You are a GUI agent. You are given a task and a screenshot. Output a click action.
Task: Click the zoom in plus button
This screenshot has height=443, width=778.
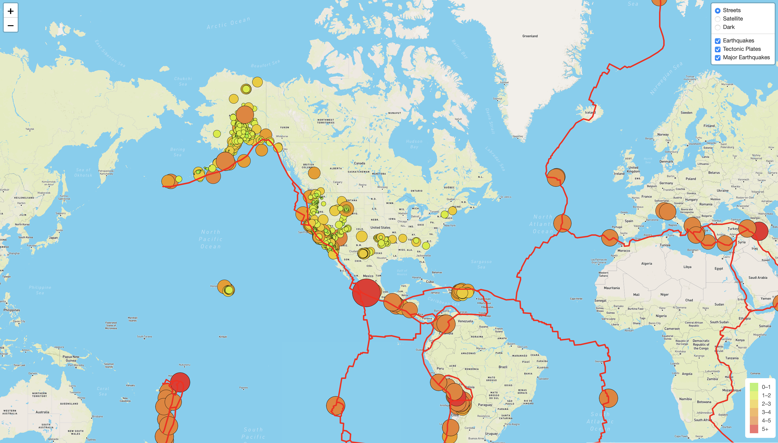pos(11,11)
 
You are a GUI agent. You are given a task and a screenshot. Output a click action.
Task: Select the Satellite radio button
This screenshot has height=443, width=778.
pos(717,19)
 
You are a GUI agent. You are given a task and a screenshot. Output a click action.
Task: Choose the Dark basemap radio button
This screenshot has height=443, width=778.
pos(717,27)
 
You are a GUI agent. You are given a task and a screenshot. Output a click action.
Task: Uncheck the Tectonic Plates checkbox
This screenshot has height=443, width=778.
pos(717,49)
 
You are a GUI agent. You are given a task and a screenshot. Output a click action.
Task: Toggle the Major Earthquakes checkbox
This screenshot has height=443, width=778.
pos(717,58)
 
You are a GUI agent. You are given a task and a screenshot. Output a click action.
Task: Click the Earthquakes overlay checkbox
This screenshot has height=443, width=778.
pos(717,41)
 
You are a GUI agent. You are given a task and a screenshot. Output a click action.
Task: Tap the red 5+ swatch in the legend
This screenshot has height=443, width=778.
pos(754,429)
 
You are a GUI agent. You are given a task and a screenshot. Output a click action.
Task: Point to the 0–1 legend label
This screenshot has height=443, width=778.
pos(766,387)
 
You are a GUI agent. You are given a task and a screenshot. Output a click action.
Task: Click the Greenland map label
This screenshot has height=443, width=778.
pos(530,36)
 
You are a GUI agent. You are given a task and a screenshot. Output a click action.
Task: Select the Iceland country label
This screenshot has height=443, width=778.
pos(590,113)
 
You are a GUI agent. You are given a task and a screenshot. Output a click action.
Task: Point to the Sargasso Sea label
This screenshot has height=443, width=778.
pos(481,264)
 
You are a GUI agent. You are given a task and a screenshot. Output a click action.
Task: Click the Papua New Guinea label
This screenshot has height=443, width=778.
pos(71,358)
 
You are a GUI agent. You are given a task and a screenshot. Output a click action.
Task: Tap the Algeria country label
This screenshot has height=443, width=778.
pos(646,263)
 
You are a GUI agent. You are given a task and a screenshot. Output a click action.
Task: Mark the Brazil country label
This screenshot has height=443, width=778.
pos(503,367)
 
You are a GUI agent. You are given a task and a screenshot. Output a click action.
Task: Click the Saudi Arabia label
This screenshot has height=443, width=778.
pos(758,277)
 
